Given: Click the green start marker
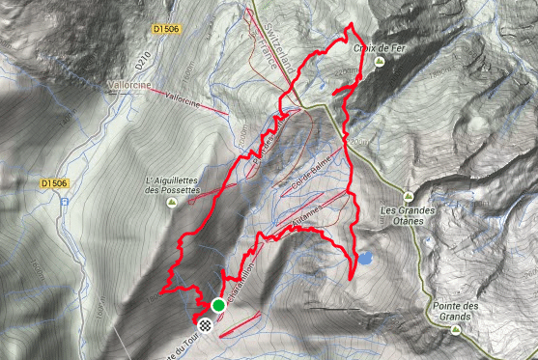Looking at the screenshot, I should click(x=218, y=307).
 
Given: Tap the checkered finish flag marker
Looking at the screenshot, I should click(x=206, y=326).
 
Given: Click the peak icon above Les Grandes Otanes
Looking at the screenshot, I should click(x=409, y=193).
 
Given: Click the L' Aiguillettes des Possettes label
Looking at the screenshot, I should click(x=171, y=185).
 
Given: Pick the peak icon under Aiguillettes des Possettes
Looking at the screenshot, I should click(x=171, y=204).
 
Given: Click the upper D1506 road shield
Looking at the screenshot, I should click(x=166, y=30).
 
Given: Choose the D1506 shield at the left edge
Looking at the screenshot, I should click(x=54, y=182).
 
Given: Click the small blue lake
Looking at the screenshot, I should click(x=367, y=259).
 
